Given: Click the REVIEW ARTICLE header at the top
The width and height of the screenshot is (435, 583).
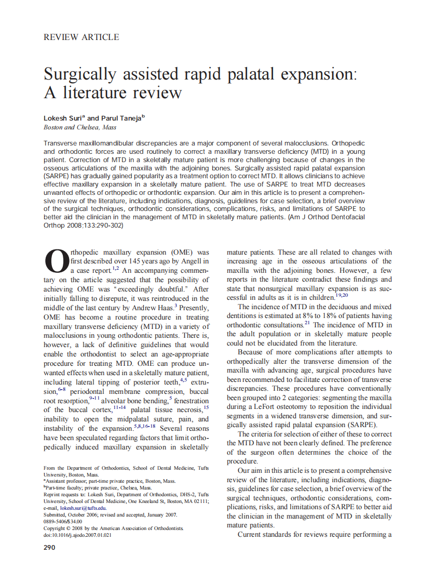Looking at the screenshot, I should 81,37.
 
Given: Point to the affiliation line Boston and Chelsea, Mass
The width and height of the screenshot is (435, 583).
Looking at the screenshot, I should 80,127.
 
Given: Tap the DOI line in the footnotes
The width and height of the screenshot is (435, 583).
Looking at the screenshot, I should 77,535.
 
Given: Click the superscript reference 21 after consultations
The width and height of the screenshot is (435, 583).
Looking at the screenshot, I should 307,324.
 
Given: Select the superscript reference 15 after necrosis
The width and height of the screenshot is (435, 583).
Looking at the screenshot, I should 206,407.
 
